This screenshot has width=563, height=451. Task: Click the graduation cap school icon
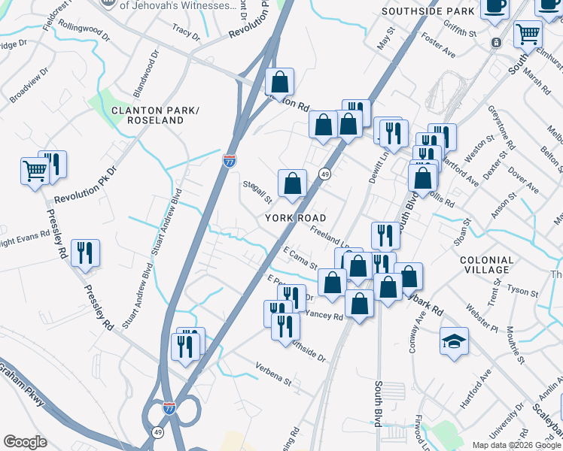pyautogui.click(x=454, y=341)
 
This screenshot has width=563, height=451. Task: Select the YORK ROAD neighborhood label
pyautogui.click(x=294, y=217)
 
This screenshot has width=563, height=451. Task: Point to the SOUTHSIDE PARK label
pyautogui.click(x=428, y=12)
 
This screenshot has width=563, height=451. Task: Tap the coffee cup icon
pyautogui.click(x=495, y=8)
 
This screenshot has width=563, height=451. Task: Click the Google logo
pyautogui.click(x=25, y=442)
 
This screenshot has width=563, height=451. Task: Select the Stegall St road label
pyautogui.click(x=257, y=192)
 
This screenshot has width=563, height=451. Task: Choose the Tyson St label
pyautogui.click(x=524, y=289)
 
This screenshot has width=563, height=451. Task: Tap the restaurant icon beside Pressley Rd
pyautogui.click(x=84, y=253)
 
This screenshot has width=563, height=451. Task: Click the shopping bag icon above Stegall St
pyautogui.click(x=292, y=183)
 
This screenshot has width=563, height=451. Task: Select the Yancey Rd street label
pyautogui.click(x=326, y=317)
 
